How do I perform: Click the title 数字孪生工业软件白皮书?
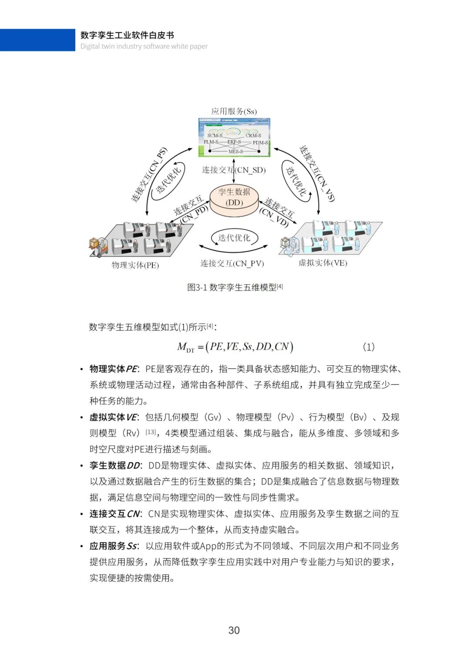[127, 35]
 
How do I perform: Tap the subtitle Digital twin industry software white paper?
[144, 47]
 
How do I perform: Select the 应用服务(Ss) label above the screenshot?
[234, 111]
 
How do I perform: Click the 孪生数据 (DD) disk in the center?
[234, 198]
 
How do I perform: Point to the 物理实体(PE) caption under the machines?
[135, 265]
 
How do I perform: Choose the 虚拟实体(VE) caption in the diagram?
[322, 263]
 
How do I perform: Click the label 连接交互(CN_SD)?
[234, 170]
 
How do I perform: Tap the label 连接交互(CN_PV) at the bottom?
[232, 264]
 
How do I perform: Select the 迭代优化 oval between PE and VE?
[234, 238]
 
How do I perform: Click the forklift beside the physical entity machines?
[97, 247]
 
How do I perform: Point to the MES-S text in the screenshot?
[235, 151]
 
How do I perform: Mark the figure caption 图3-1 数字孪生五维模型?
[235, 287]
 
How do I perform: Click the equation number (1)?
[368, 347]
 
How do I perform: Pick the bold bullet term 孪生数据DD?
[114, 466]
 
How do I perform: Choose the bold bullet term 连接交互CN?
[114, 514]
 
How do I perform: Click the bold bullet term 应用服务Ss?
[113, 546]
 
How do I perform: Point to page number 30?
[234, 631]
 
